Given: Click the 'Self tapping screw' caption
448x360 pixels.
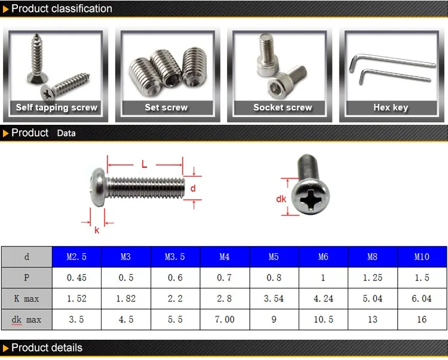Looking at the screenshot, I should pyautogui.click(x=57, y=107).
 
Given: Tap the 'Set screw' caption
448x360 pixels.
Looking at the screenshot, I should pyautogui.click(x=166, y=107).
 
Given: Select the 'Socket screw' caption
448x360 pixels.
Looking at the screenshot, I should pyautogui.click(x=283, y=107).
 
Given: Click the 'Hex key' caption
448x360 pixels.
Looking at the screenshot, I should pyautogui.click(x=391, y=107).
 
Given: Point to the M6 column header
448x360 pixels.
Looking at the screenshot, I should pyautogui.click(x=323, y=257).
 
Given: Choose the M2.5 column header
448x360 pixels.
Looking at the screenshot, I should pyautogui.click(x=76, y=257).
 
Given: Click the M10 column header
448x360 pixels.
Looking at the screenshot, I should pyautogui.click(x=422, y=257).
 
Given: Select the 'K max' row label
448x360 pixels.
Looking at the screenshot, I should pyautogui.click(x=26, y=299).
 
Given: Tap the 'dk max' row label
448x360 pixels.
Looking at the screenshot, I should pyautogui.click(x=26, y=319).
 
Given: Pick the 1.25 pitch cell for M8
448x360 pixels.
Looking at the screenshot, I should pyautogui.click(x=373, y=278).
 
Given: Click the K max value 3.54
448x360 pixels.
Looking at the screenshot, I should pyautogui.click(x=274, y=299).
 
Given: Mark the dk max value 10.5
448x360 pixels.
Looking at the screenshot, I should pyautogui.click(x=323, y=319).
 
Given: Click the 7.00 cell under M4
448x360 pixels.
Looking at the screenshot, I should pyautogui.click(x=225, y=319).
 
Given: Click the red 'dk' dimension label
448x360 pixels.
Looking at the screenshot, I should pyautogui.click(x=281, y=199).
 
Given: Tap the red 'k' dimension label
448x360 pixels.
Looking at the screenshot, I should pyautogui.click(x=97, y=229).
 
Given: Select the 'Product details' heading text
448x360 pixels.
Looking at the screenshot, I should pyautogui.click(x=47, y=348).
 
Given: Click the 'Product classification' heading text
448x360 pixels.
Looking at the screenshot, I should pyautogui.click(x=62, y=8).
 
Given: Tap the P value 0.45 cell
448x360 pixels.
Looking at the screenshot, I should pyautogui.click(x=76, y=278).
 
